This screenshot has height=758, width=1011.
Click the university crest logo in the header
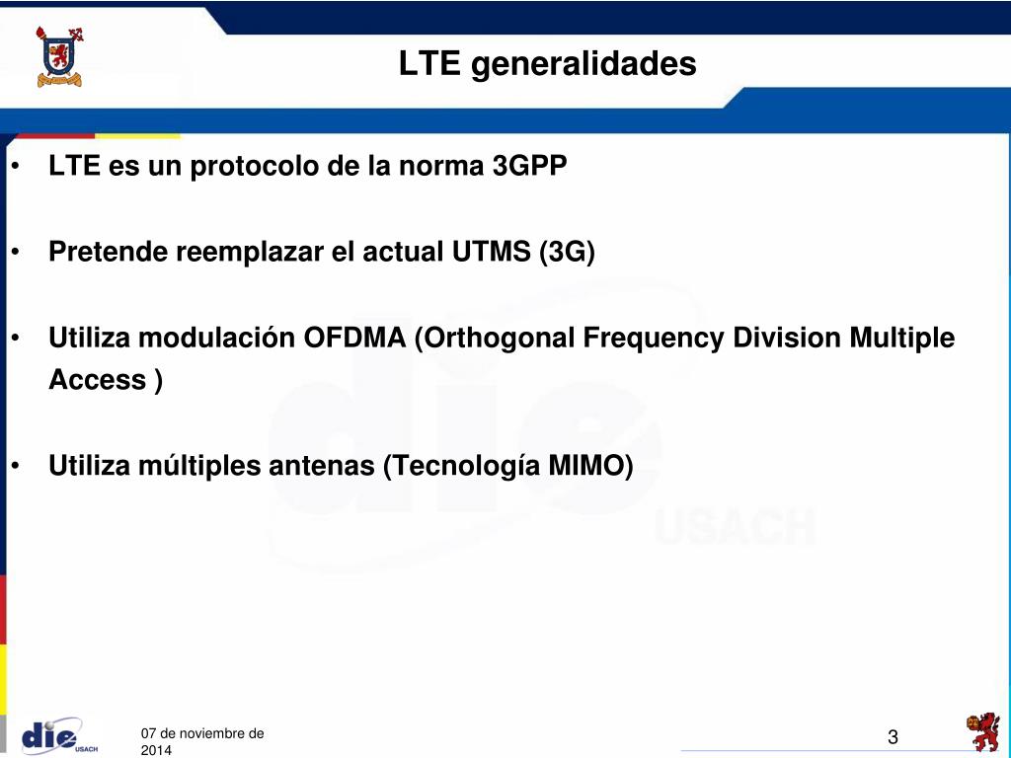click(59, 56)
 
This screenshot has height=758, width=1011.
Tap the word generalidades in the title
click(583, 65)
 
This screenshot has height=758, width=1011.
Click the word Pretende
click(109, 252)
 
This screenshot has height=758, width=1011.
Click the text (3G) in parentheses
click(567, 252)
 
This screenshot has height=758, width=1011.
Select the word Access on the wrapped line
click(97, 380)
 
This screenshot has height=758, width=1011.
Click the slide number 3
click(893, 737)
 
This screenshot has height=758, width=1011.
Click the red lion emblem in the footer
click(982, 733)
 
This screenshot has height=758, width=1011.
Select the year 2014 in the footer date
click(156, 751)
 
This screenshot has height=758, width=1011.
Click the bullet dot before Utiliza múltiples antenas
click(17, 465)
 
